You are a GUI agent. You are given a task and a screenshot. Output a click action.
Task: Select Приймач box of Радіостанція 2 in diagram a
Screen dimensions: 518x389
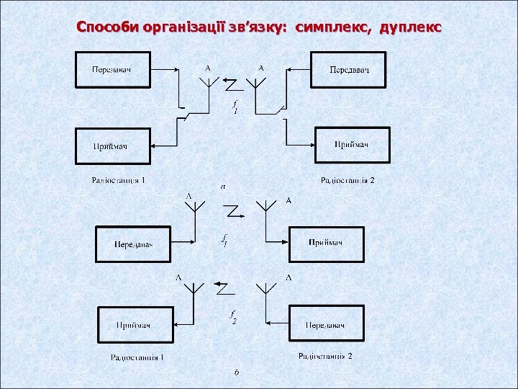pyautogui.click(x=352, y=145)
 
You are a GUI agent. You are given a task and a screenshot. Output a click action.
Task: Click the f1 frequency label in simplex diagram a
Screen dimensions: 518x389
pyautogui.click(x=235, y=108)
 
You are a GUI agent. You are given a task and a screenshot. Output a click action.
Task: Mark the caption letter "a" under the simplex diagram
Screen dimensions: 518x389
pyautogui.click(x=223, y=187)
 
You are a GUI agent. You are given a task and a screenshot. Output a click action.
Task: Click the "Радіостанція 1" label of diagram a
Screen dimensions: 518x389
pyautogui.click(x=119, y=180)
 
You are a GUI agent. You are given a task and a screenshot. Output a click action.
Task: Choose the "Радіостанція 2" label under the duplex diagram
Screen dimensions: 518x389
pyautogui.click(x=326, y=356)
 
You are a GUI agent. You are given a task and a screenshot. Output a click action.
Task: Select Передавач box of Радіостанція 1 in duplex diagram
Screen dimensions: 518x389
pyautogui.click(x=133, y=243)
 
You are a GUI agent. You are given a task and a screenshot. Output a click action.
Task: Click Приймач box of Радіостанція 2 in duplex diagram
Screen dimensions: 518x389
pyautogui.click(x=325, y=243)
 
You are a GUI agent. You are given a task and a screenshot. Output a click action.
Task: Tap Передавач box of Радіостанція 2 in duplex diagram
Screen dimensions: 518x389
pyautogui.click(x=325, y=325)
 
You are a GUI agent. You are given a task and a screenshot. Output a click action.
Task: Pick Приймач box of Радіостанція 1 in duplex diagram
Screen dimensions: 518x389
pyautogui.click(x=135, y=325)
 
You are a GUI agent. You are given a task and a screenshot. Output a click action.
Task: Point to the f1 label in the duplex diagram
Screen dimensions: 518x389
pyautogui.click(x=225, y=240)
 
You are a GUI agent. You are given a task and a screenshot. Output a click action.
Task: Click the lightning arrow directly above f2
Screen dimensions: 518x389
pyautogui.click(x=222, y=287)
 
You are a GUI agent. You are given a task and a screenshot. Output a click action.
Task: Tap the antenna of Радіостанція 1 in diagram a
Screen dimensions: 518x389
pyautogui.click(x=208, y=81)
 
